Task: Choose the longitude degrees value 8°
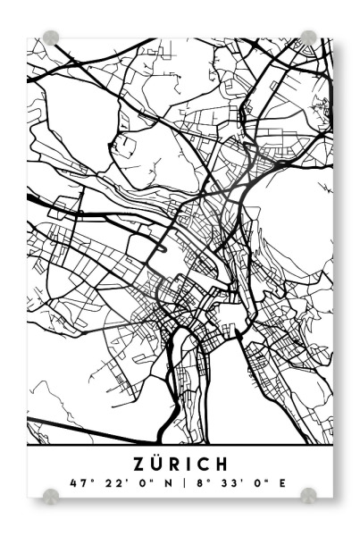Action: pyautogui.click(x=199, y=483)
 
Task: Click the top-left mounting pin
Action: pyautogui.click(x=52, y=38)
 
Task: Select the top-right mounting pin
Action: pyautogui.click(x=308, y=37)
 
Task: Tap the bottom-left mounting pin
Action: pyautogui.click(x=52, y=494)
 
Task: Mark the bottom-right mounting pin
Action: pyautogui.click(x=308, y=494)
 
